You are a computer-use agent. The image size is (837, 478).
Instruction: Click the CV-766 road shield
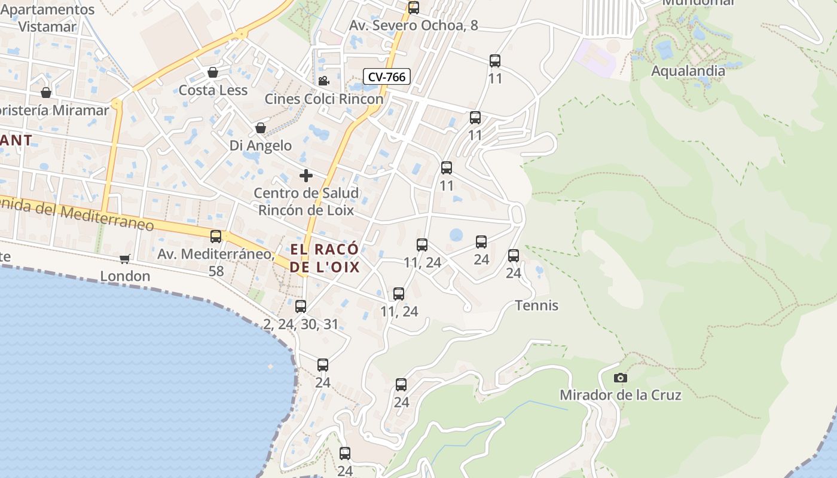click(x=387, y=76)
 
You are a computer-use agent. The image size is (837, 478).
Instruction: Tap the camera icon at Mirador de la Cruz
click(x=621, y=378)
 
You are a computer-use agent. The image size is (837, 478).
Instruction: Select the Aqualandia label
click(x=688, y=71)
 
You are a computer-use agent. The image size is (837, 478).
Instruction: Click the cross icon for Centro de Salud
click(x=306, y=176)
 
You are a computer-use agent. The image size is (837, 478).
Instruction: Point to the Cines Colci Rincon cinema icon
click(x=323, y=81)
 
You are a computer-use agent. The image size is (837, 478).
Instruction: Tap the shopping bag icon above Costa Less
click(x=212, y=73)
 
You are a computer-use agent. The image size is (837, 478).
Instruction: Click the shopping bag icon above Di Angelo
click(x=261, y=128)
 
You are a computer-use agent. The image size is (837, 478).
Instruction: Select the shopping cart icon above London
click(x=124, y=259)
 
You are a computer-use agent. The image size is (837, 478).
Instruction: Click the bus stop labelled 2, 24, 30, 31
click(x=301, y=307)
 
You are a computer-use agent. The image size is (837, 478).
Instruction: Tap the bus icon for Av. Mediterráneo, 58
click(x=216, y=237)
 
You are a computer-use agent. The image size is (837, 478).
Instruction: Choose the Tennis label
click(x=537, y=306)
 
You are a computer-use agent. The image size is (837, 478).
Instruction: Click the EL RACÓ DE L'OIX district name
click(x=325, y=258)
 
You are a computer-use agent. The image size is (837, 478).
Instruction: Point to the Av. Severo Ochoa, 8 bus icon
click(x=413, y=8)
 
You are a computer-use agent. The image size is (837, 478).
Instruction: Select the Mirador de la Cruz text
click(x=620, y=395)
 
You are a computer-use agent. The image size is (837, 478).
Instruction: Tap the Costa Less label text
click(x=213, y=90)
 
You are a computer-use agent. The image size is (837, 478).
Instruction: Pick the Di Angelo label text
click(x=261, y=145)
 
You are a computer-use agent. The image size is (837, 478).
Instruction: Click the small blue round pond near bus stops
click(x=456, y=235)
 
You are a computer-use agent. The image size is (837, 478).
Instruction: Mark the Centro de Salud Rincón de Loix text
click(x=306, y=201)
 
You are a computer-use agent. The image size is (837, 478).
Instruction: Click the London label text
click(x=125, y=276)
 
